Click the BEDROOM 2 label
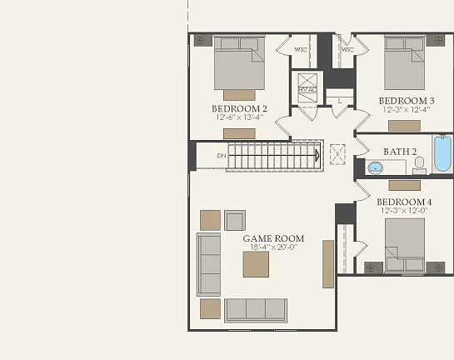239,107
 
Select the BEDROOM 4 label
404,202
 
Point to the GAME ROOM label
273,238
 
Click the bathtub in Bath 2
441,155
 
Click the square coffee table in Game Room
256,264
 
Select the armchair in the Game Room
235,220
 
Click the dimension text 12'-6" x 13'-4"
239,117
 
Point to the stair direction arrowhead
317,155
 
